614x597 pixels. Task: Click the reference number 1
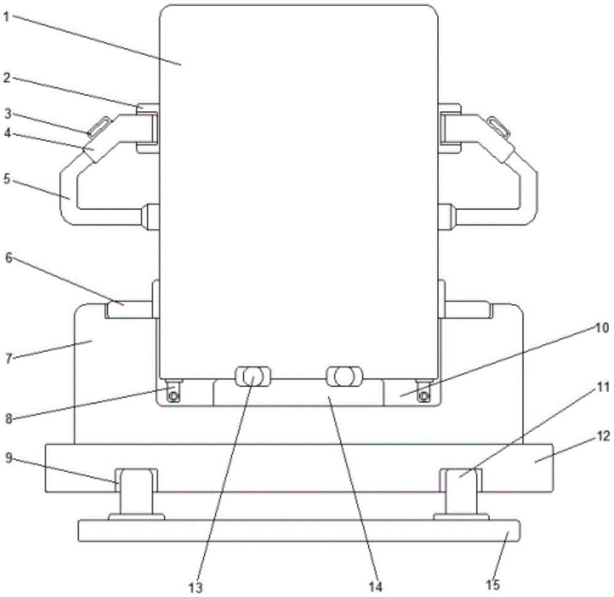pos(6,17)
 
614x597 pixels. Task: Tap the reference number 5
pos(7,179)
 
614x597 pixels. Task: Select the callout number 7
pos(9,358)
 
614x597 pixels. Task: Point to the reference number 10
pos(602,328)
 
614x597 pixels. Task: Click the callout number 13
pos(196,587)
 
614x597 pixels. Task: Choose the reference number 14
pos(375,587)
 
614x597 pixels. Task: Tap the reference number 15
pos(493,585)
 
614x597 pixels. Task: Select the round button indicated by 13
pos(252,377)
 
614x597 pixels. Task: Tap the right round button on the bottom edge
pos(344,377)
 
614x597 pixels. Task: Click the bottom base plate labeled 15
pos(299,531)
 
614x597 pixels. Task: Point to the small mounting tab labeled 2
pos(147,107)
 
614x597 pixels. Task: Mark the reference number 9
pos(9,458)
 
